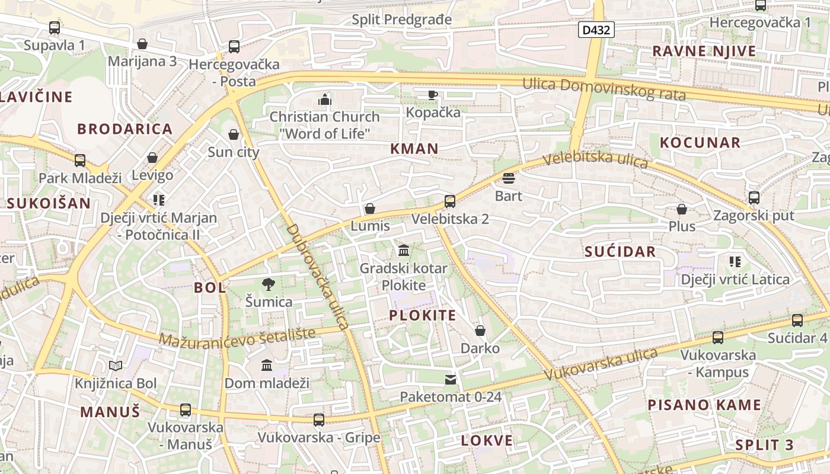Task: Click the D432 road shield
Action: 596,30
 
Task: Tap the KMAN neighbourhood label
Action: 414,149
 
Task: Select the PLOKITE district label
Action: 423,315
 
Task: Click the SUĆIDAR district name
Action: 620,252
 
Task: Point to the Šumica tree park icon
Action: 269,284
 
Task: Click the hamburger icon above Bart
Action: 508,178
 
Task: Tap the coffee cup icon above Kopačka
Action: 433,95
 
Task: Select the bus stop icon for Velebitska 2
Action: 450,201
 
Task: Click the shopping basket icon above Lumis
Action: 370,209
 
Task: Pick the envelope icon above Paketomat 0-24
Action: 451,379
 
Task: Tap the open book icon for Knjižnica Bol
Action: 116,366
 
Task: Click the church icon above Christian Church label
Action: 324,99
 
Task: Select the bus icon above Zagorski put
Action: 754,198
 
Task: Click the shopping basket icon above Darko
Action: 480,331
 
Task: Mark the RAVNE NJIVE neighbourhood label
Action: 704,52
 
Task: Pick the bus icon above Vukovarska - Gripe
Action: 319,420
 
